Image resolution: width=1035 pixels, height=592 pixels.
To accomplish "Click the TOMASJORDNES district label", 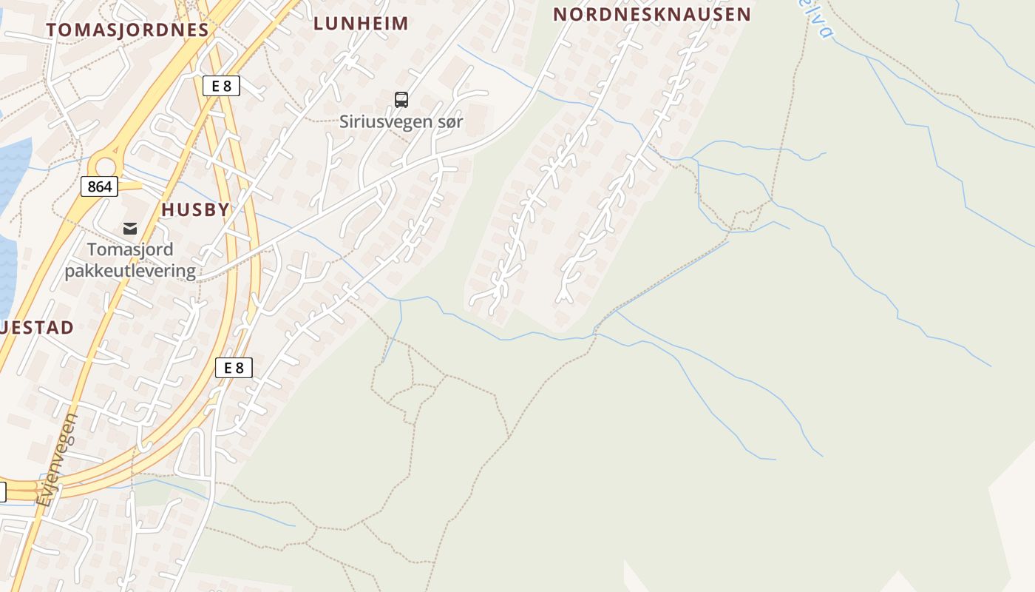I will tap(128, 30).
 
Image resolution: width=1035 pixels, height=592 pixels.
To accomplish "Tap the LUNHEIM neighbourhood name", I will tap(361, 23).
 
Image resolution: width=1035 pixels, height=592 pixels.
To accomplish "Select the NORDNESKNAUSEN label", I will tap(652, 14).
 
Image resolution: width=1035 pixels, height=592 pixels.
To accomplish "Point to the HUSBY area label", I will tap(196, 209).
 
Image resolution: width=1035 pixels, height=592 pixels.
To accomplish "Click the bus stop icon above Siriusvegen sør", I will tap(401, 99).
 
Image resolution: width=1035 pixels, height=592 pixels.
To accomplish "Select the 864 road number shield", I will tap(99, 186).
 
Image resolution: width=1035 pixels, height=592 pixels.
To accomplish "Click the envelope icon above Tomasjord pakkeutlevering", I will tap(130, 229).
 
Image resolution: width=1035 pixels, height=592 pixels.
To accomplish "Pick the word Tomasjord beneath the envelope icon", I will tap(130, 249).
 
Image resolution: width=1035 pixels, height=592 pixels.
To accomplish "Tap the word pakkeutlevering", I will tap(130, 271).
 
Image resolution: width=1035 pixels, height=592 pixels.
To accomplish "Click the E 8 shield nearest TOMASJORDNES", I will tap(221, 86).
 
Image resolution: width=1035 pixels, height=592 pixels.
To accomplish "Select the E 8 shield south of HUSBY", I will tap(234, 368).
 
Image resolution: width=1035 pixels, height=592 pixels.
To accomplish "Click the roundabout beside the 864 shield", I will tap(105, 166).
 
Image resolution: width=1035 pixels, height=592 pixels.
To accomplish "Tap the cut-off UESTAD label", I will tap(37, 328).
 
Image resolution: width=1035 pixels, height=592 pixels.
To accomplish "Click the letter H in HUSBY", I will tap(167, 209).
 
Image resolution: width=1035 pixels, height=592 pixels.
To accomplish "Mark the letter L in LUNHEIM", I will tap(318, 23).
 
